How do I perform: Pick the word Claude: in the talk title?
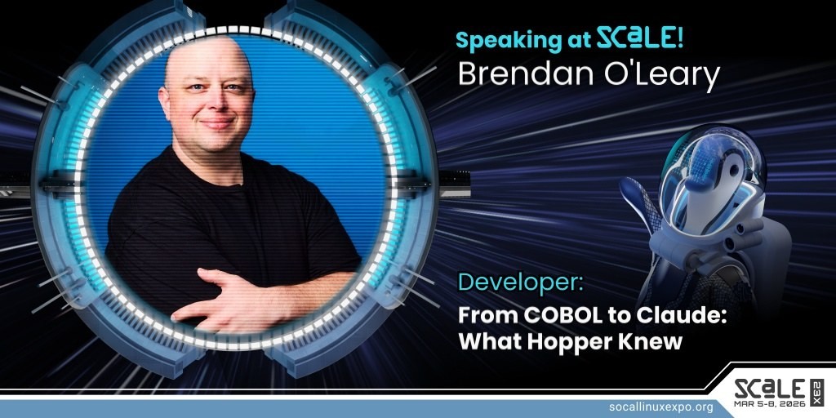pos(691,316)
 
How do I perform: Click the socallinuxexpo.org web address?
pos(660,408)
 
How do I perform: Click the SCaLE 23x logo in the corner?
pos(779,393)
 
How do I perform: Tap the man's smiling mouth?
pos(217,124)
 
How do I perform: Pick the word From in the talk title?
pos(488,316)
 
